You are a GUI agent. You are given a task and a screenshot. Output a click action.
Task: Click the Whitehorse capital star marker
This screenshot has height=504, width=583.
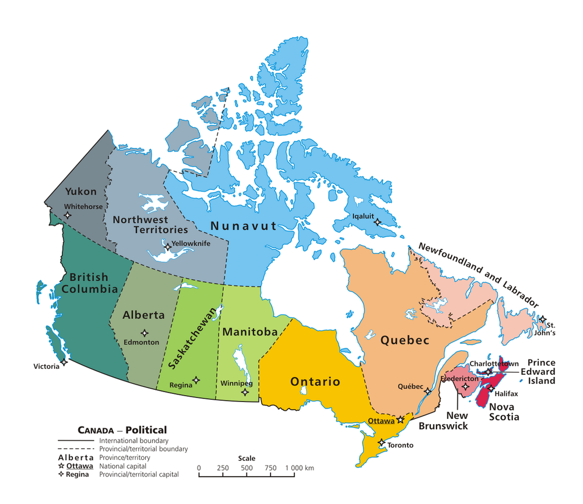pyautogui.click(x=68, y=215)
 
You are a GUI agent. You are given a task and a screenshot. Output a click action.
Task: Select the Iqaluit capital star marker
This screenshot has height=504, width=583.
pyautogui.click(x=377, y=222)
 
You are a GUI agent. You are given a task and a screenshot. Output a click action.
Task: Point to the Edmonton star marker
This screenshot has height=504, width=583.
pyautogui.click(x=144, y=333)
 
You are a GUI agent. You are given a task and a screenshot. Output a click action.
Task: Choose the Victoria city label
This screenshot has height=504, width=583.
pyautogui.click(x=46, y=366)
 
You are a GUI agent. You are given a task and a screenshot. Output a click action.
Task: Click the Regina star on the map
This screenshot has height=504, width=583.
pyautogui.click(x=196, y=380)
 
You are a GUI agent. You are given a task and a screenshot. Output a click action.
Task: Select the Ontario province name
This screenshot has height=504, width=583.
pyautogui.click(x=315, y=382)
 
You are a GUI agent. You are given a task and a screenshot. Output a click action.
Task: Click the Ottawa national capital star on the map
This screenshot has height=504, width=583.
pyautogui.click(x=401, y=420)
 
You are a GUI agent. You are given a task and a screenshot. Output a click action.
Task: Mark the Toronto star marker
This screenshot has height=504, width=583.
pyautogui.click(x=381, y=443)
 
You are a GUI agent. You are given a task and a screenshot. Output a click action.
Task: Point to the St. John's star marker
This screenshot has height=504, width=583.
pyautogui.click(x=542, y=319)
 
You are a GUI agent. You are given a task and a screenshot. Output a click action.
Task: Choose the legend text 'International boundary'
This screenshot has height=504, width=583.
pyautogui.click(x=134, y=441)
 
